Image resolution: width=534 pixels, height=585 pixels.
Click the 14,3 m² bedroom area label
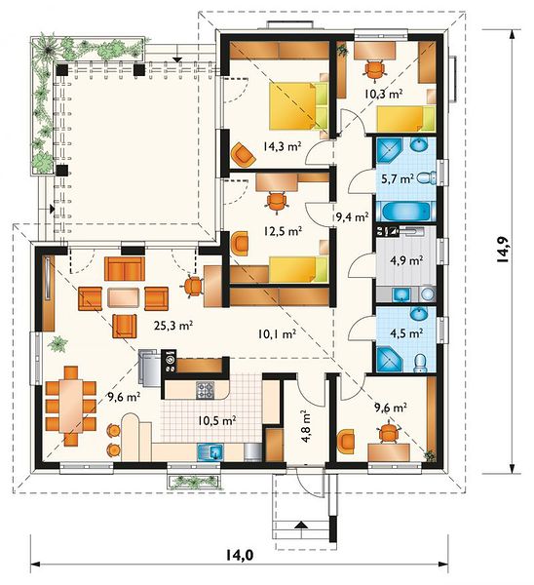(x=282, y=146)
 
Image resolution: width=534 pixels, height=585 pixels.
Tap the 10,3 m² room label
(x=383, y=94)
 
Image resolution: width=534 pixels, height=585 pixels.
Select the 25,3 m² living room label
(x=173, y=326)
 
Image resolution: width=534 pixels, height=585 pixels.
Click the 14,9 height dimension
(x=504, y=250)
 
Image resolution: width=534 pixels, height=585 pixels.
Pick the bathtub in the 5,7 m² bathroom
(x=405, y=212)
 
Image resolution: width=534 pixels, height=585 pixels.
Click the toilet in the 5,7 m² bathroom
(x=427, y=178)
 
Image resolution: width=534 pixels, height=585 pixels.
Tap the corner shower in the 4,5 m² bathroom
(x=390, y=359)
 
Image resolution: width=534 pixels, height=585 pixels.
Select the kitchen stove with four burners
(x=205, y=390)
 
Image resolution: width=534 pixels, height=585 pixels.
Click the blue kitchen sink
(x=210, y=452)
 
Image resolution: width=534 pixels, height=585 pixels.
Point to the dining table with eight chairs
(x=71, y=406)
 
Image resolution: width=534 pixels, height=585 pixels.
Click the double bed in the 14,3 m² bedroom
(x=298, y=106)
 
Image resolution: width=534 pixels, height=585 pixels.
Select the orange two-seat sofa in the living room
(x=125, y=268)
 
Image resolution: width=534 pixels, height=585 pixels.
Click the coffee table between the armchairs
(x=124, y=297)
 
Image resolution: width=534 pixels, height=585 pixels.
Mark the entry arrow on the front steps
(x=301, y=525)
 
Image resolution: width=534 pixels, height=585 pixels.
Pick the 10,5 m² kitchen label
(x=216, y=421)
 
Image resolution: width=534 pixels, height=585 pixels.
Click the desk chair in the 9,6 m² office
(x=389, y=433)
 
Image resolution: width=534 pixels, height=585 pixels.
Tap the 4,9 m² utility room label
(x=409, y=259)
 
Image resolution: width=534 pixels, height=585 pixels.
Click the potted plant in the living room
(x=57, y=343)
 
